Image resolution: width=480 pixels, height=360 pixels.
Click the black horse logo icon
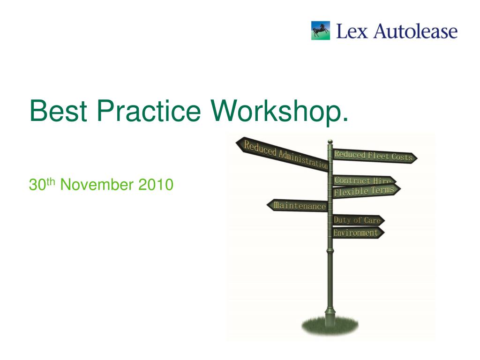(x=320, y=30)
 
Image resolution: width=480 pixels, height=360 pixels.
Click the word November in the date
(x=97, y=185)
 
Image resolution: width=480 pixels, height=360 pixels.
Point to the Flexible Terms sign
(x=365, y=191)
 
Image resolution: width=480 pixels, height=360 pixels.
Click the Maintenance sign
(x=298, y=206)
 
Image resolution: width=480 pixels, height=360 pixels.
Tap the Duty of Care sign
(x=358, y=220)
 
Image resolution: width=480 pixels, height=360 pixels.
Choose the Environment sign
(x=357, y=232)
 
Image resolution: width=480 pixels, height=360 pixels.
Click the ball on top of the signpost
(x=330, y=141)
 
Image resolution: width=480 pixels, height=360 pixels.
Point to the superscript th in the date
(x=51, y=181)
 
